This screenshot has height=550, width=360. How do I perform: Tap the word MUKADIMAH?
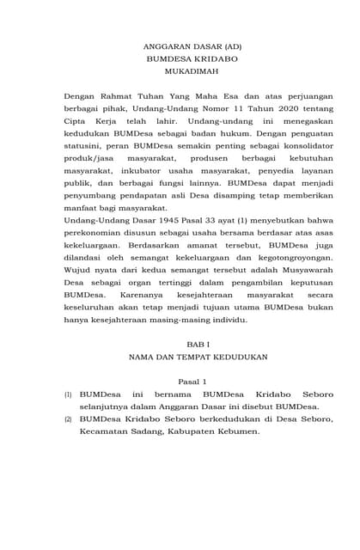point(180,72)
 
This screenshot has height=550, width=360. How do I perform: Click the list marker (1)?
point(69,394)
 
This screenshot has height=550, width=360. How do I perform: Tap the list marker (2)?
point(69,419)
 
